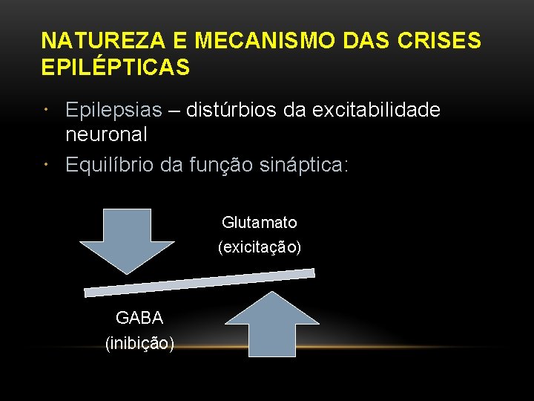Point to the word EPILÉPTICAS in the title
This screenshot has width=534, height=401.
click(116, 68)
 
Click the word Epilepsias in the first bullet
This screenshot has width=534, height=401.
click(113, 111)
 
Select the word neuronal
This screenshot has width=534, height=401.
click(106, 134)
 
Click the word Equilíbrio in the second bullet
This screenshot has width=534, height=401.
click(111, 164)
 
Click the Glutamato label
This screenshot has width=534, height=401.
click(260, 223)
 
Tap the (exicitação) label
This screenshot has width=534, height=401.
click(260, 247)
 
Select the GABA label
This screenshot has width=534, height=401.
click(139, 318)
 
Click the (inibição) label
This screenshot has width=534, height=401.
click(139, 343)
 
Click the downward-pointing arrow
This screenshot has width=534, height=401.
click(127, 238)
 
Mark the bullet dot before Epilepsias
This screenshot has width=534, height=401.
click(47, 111)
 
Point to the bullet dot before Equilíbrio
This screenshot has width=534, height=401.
click(47, 164)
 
